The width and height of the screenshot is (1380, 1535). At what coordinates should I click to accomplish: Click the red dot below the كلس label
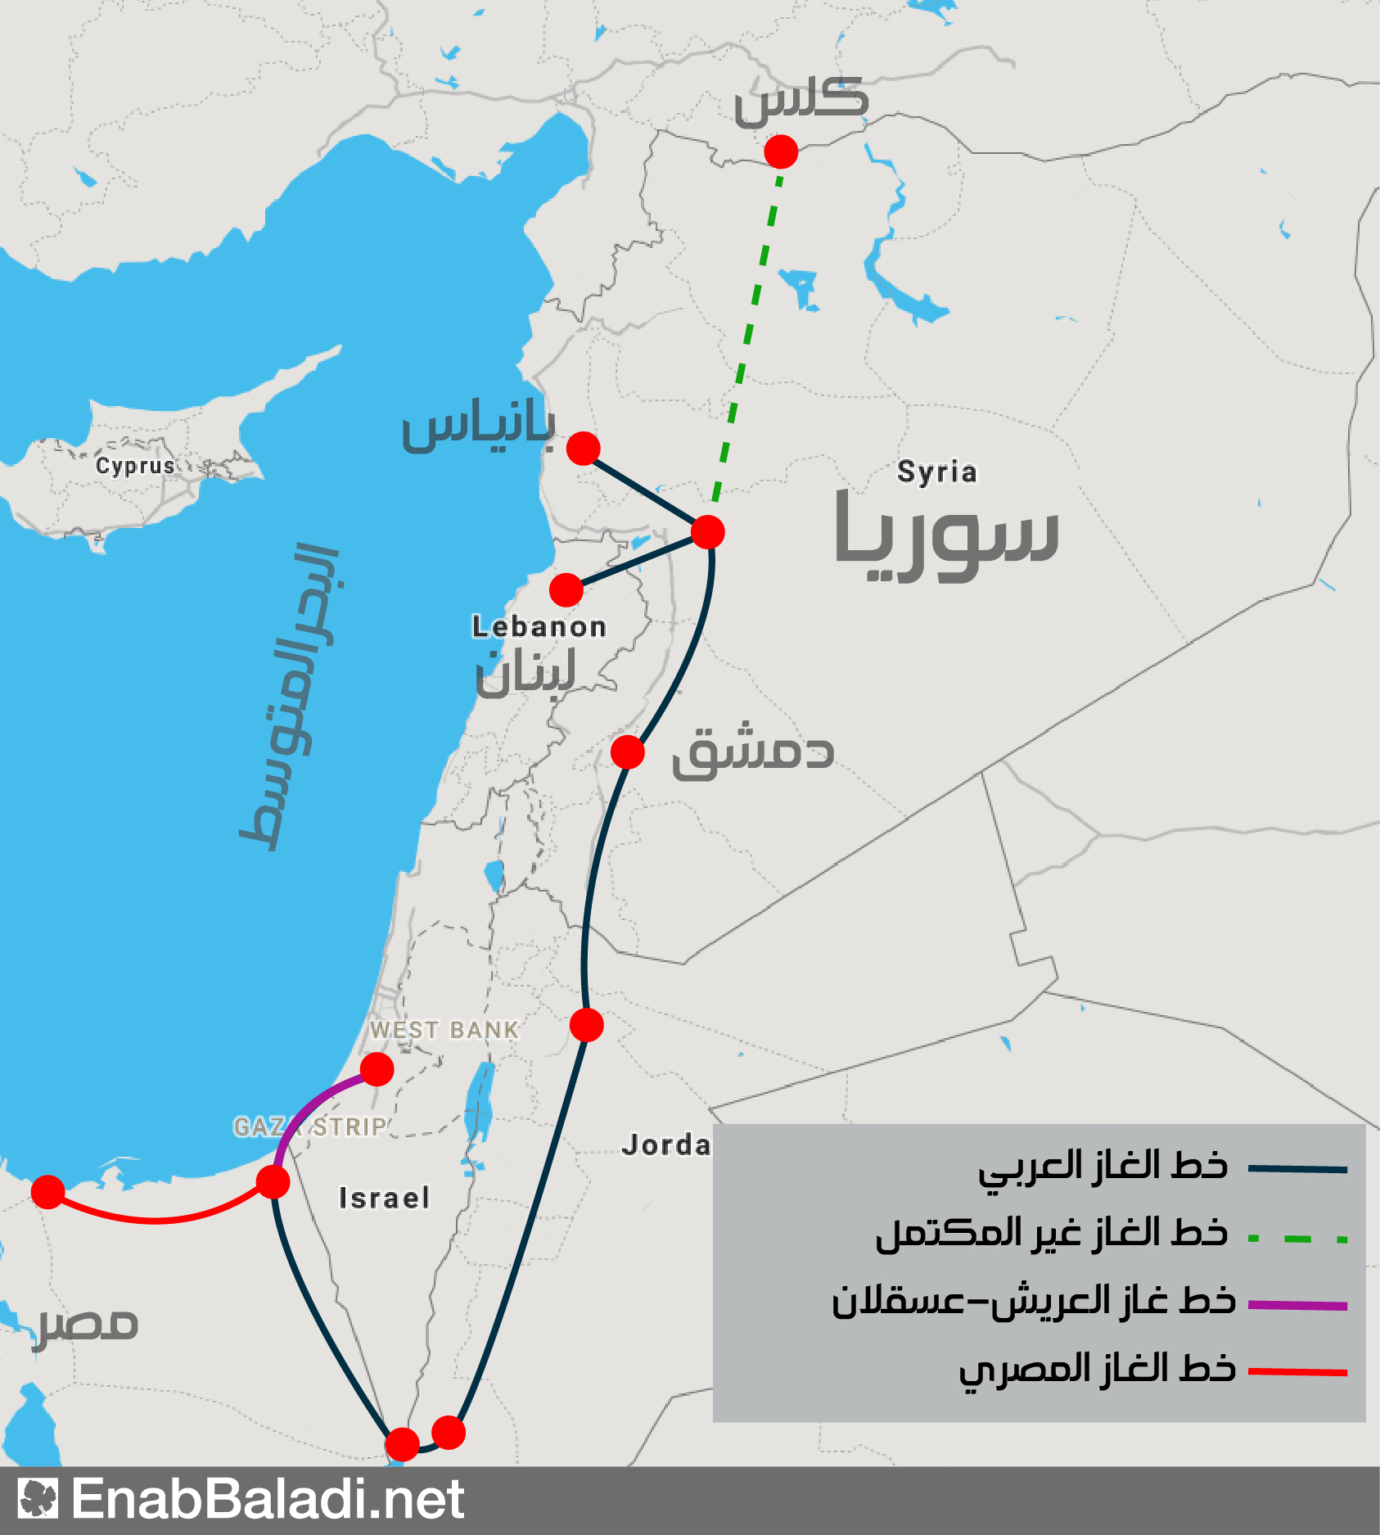click(x=781, y=152)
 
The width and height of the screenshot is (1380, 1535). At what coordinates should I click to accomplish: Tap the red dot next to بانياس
click(x=583, y=449)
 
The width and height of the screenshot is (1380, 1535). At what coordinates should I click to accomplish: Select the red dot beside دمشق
click(x=628, y=752)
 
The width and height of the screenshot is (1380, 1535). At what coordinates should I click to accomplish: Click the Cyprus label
click(x=135, y=466)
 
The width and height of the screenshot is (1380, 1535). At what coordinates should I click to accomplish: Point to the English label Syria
click(x=936, y=472)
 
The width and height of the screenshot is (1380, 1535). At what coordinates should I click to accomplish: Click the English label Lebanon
click(x=539, y=627)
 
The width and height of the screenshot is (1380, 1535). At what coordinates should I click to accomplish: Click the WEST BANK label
click(x=444, y=1030)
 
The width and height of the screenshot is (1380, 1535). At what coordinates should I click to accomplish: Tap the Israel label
click(x=384, y=1199)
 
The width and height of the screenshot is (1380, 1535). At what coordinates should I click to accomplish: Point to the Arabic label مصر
click(x=86, y=1325)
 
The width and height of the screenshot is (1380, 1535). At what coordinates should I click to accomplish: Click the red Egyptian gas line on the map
click(x=156, y=1219)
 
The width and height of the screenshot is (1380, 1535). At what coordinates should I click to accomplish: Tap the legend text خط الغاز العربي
click(x=1103, y=1167)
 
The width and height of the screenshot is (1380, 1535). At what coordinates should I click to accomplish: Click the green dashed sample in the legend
click(x=1297, y=1239)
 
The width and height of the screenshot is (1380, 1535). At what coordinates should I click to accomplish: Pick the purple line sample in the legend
click(x=1297, y=1305)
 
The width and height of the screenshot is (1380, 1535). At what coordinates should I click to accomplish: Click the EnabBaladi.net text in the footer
click(x=268, y=1500)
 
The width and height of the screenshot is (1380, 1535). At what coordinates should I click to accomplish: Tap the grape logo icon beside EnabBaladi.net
click(x=38, y=1499)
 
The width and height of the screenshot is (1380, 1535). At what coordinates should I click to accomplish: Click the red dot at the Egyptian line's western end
click(x=48, y=1192)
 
